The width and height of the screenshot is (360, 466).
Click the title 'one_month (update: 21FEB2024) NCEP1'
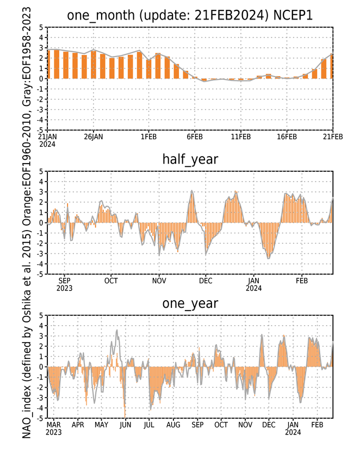pos(190,15)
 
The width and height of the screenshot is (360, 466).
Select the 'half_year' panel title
pos(190,159)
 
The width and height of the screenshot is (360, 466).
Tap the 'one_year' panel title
pos(190,303)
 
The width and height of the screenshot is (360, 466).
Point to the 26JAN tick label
pos(94,136)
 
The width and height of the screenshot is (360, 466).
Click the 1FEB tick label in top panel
pos(148,136)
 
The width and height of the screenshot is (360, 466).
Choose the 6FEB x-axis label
pos(195,136)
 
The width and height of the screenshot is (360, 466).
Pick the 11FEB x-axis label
pos(240,136)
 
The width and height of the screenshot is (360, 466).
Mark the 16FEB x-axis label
pos(287,136)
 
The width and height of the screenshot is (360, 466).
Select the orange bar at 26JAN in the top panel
pos(94,65)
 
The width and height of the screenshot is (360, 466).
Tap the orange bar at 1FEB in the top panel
pos(148,69)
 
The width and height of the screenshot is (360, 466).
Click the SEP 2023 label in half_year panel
pos(64,284)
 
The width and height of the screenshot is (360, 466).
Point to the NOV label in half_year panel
pos(159,281)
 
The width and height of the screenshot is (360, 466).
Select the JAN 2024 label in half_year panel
pos(253,284)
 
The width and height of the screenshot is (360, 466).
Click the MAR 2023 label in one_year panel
pos(53,428)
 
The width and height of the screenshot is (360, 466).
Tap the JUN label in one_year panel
pos(125,425)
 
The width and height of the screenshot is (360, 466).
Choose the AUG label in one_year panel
pos(173,425)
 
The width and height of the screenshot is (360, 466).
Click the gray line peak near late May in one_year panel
pos(117,330)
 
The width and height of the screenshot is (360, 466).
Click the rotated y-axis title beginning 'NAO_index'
pos(27,223)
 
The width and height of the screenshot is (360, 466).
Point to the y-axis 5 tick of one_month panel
pos(41,27)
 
